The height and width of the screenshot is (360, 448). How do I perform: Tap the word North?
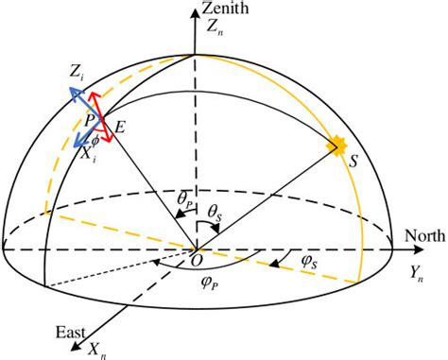point(423,233)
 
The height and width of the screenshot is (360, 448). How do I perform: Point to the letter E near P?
point(120,124)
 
